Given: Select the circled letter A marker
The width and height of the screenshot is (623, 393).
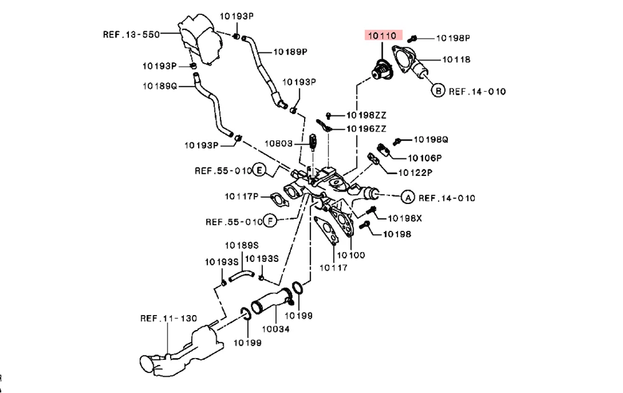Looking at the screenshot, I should pyautogui.click(x=407, y=198).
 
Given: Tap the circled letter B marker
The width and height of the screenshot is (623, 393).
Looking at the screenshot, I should pyautogui.click(x=438, y=91).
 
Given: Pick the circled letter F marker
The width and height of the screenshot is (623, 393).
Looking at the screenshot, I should pyautogui.click(x=270, y=221).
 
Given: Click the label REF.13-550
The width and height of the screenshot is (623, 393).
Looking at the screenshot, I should pyautogui.click(x=131, y=35).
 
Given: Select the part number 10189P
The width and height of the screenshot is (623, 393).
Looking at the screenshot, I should pyautogui.click(x=290, y=52).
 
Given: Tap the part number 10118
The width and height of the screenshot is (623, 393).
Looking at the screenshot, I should pyautogui.click(x=456, y=60).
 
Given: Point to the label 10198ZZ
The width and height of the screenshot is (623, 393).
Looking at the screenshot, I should pyautogui.click(x=367, y=115).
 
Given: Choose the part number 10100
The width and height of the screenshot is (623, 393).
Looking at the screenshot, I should pyautogui.click(x=351, y=255).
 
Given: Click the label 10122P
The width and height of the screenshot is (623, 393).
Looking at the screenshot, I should pyautogui.click(x=416, y=172).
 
